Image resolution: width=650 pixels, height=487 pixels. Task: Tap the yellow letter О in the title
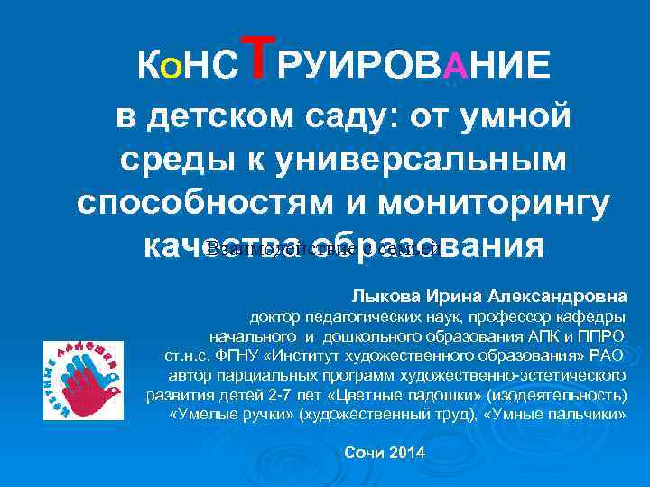pos(170,65)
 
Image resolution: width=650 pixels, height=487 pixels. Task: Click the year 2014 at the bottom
pos(409,451)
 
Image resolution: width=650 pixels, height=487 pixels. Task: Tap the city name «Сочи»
pos(366,451)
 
